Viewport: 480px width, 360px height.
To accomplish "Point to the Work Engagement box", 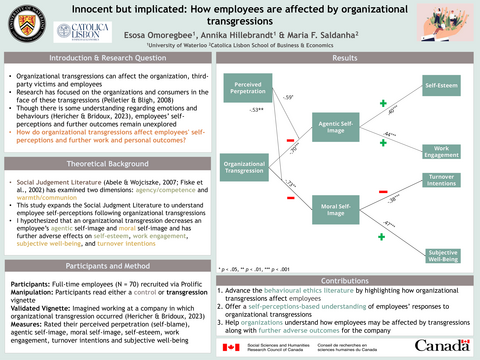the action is [x=441, y=151].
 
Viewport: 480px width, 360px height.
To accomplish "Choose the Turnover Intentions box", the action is [x=441, y=181].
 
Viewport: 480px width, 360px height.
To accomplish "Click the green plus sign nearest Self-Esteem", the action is [x=383, y=103].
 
